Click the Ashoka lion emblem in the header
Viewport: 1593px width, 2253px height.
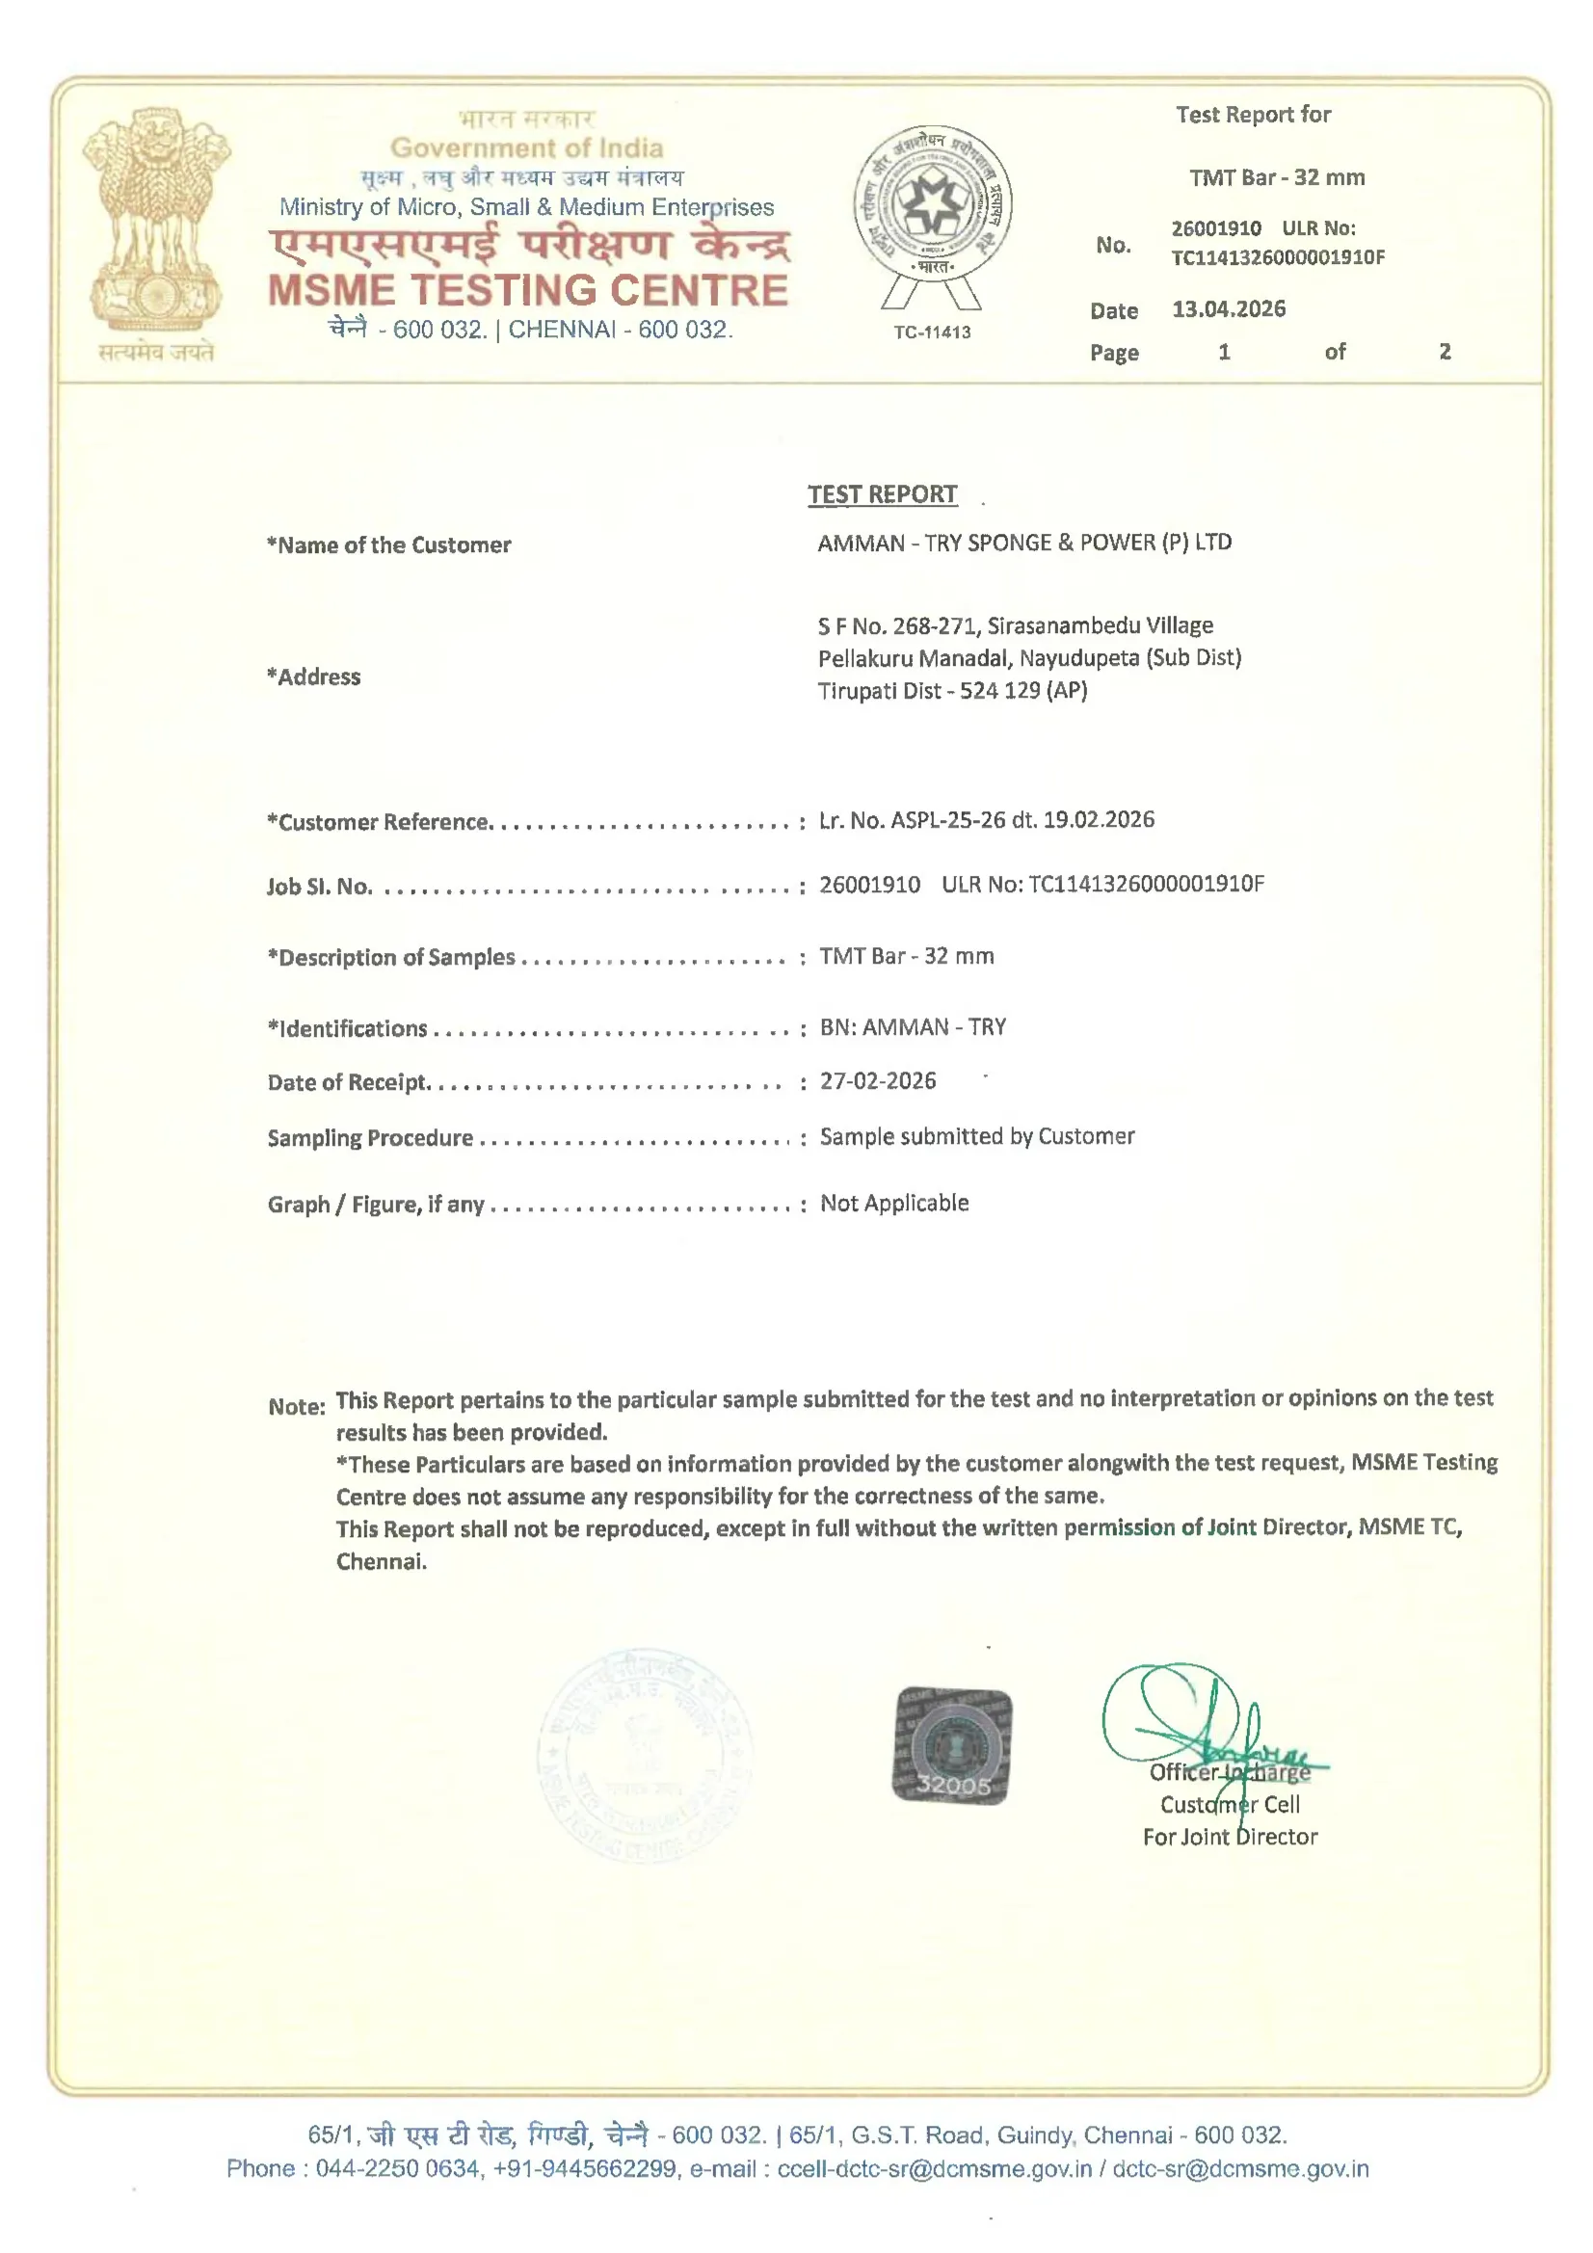(156, 220)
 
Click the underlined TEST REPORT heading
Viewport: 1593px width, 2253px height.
(882, 494)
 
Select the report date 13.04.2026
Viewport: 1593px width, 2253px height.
(1228, 309)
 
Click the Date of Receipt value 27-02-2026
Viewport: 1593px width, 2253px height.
(878, 1080)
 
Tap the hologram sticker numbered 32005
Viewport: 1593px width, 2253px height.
(951, 1746)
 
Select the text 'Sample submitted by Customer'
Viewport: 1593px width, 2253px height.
(976, 1136)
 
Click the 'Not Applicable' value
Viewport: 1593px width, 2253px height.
(894, 1203)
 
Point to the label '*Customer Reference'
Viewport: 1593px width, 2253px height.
(379, 822)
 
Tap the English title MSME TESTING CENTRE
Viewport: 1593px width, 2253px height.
(528, 290)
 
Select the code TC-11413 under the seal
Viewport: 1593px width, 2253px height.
(932, 331)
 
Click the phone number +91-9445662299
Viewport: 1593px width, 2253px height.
(584, 2167)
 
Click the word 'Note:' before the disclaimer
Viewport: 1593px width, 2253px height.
(297, 1406)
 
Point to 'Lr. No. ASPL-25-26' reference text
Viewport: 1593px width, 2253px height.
(912, 820)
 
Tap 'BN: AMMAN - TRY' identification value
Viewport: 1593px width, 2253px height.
(913, 1027)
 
